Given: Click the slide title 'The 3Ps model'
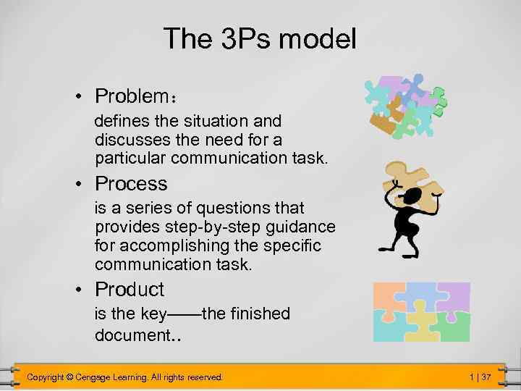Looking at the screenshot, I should (260, 38).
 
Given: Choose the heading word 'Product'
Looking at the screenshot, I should (130, 290).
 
